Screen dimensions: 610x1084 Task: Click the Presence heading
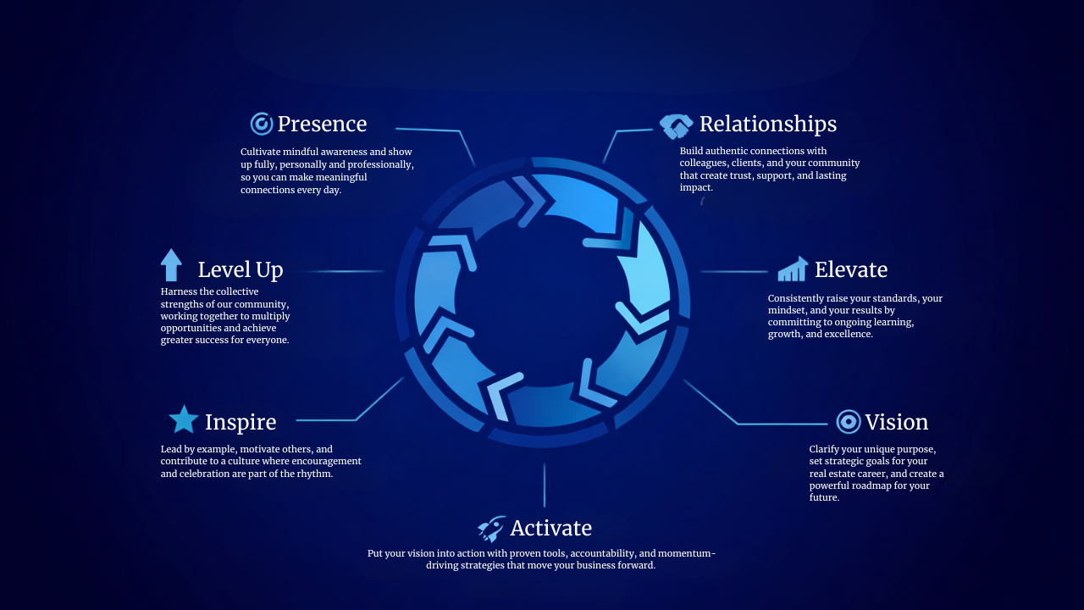[x=322, y=125]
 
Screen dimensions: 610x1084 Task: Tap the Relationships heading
[x=767, y=125]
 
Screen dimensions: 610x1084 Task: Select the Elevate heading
[x=850, y=270]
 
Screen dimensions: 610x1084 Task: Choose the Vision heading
[x=896, y=423]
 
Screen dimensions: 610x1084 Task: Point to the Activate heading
[x=550, y=529]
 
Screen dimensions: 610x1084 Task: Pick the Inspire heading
[x=241, y=423]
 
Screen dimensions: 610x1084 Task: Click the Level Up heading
[x=241, y=270]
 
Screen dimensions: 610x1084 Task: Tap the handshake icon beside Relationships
[x=676, y=126]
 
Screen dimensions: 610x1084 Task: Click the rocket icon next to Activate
[x=491, y=530]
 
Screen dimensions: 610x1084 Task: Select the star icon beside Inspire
[x=183, y=419]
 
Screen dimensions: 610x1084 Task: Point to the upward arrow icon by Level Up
[x=171, y=265]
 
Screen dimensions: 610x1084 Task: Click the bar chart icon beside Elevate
[x=793, y=269]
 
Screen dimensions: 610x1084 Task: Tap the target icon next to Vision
[x=848, y=422]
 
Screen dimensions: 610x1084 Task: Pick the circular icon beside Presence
[x=262, y=124]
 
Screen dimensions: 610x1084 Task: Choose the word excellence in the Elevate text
[x=845, y=335]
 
